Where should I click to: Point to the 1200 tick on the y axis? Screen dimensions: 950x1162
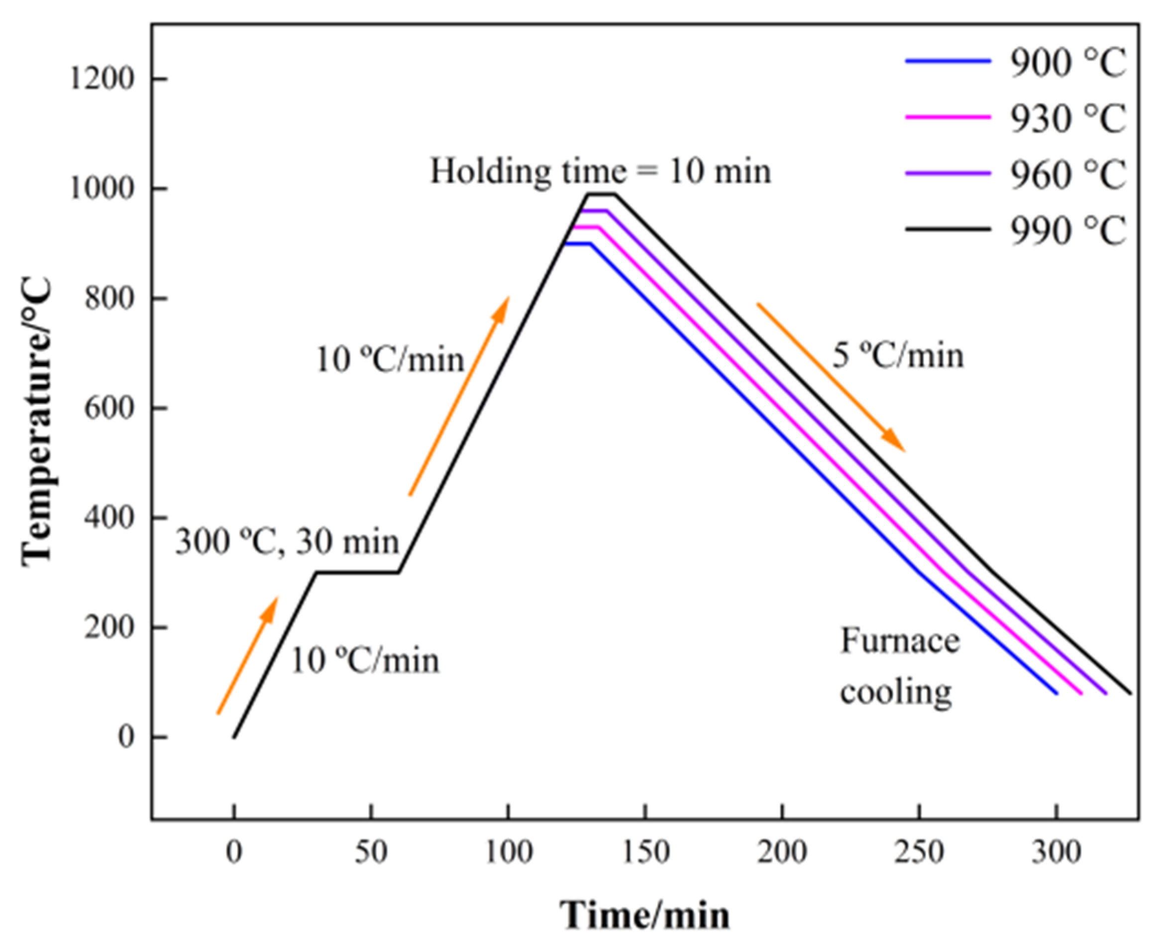(x=102, y=79)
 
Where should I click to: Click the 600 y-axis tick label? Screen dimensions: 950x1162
(x=109, y=408)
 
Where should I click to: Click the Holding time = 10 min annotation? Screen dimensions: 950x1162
(x=601, y=171)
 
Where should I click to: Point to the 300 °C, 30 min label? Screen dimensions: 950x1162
(x=287, y=542)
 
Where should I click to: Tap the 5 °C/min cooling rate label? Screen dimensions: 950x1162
(x=897, y=355)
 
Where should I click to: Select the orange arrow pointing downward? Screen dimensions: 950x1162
(x=831, y=377)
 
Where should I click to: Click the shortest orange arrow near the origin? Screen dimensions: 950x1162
(x=248, y=656)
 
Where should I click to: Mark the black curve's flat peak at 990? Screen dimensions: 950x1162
(x=602, y=194)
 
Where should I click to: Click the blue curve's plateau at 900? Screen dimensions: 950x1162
(x=577, y=243)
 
